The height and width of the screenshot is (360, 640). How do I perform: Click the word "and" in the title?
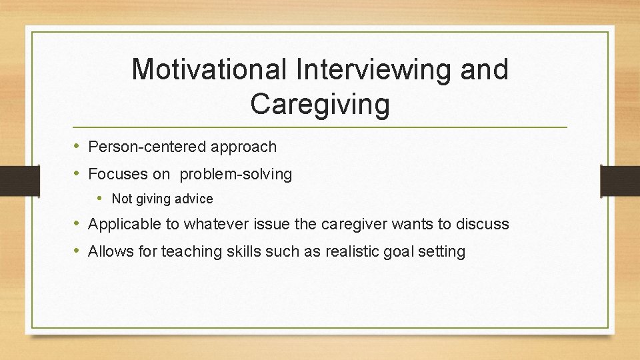(x=480, y=69)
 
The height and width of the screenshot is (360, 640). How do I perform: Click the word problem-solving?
(x=236, y=175)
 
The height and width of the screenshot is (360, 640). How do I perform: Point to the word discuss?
(x=483, y=224)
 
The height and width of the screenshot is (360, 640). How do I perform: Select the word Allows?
(x=109, y=251)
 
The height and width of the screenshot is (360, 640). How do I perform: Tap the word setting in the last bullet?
(x=443, y=251)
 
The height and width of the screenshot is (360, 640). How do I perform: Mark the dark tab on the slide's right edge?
(x=620, y=180)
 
